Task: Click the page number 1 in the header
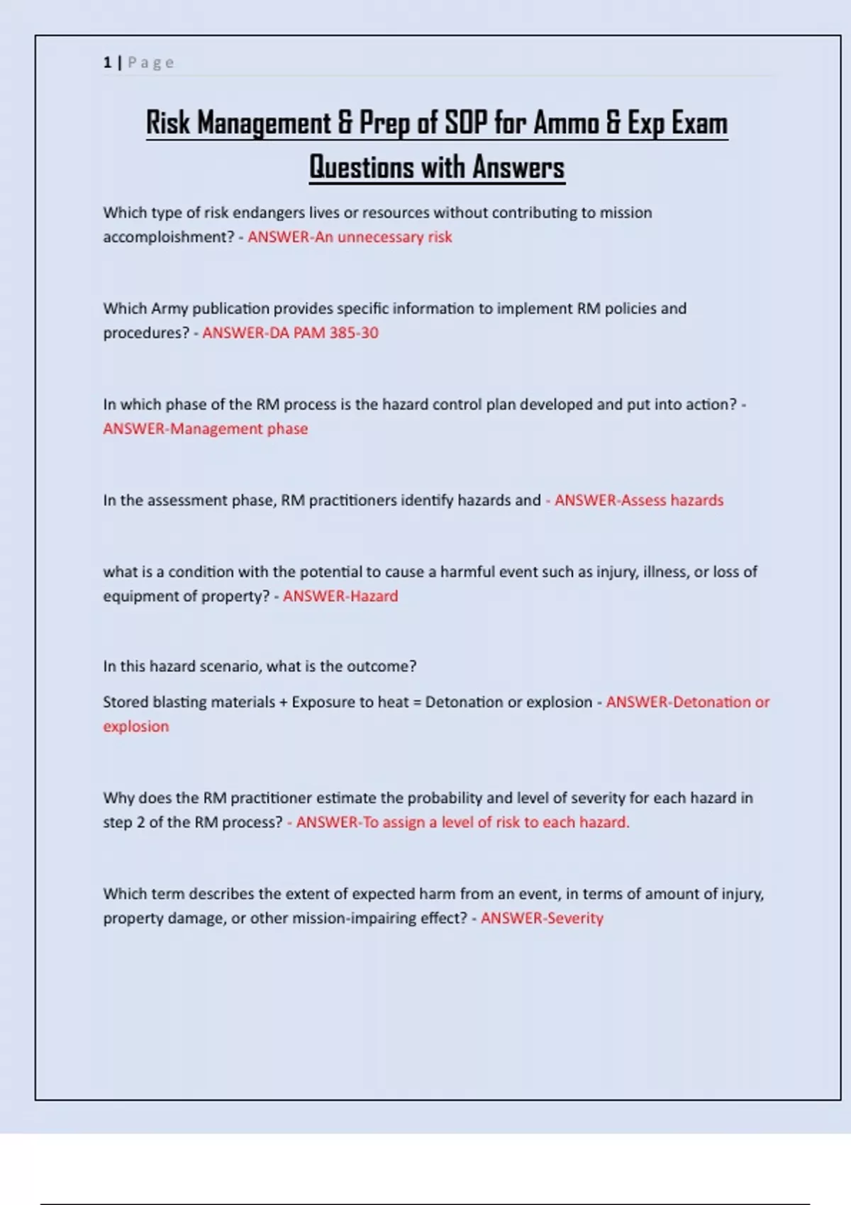coord(107,62)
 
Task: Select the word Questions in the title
coord(362,167)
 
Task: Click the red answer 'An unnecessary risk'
coord(383,237)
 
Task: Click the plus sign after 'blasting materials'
coord(284,702)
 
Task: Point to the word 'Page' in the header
coord(151,62)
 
